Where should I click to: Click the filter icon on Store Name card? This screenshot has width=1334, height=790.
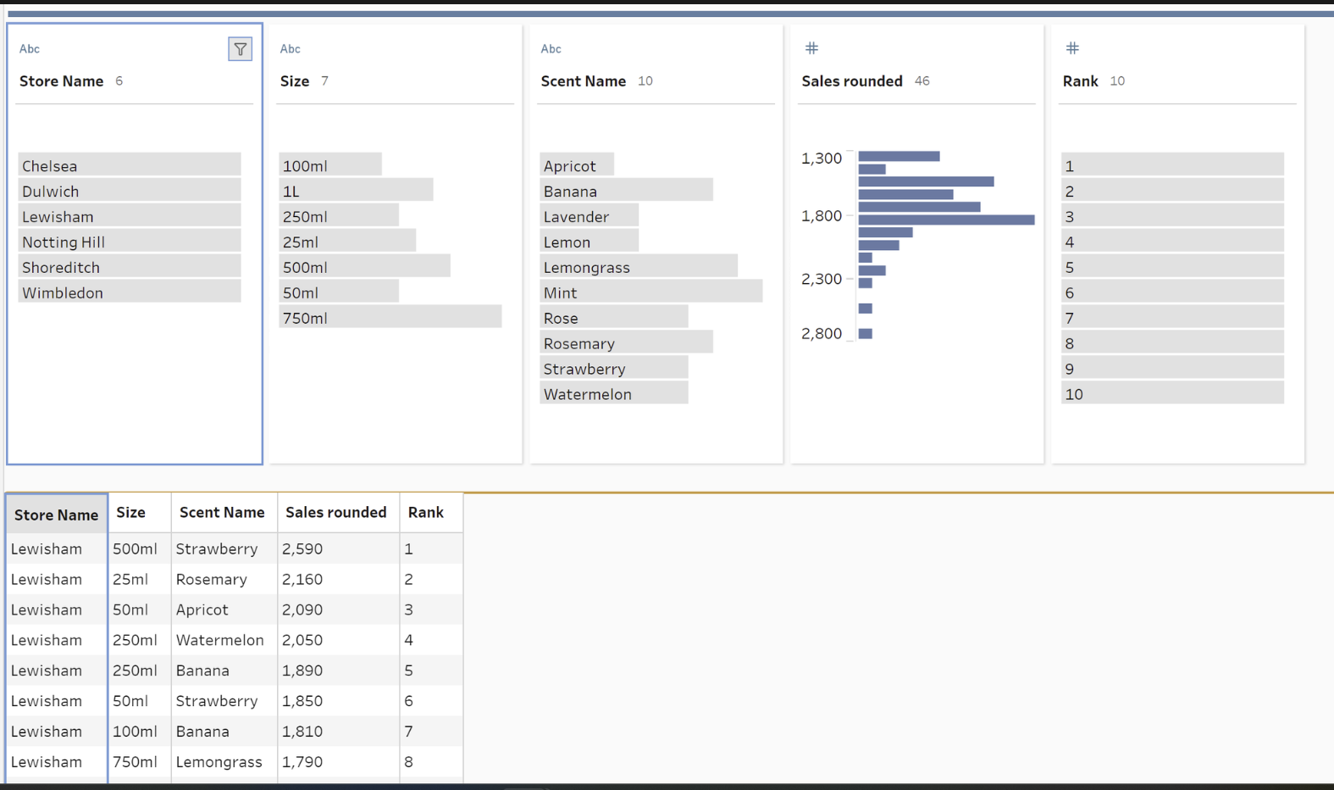(240, 49)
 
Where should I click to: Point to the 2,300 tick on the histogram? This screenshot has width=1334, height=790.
(822, 279)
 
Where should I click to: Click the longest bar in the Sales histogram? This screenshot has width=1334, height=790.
(946, 220)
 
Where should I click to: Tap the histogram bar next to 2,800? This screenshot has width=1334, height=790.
(865, 334)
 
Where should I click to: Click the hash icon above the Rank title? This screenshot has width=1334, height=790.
(1072, 48)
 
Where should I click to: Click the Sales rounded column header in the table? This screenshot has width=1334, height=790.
(335, 513)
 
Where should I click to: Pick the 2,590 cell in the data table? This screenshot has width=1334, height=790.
(302, 549)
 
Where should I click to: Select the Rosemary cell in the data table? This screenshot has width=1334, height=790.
(212, 580)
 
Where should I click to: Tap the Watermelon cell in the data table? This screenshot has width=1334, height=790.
(219, 641)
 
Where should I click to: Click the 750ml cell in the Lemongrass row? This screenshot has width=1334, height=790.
(135, 762)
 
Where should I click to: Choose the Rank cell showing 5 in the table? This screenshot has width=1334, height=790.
(409, 671)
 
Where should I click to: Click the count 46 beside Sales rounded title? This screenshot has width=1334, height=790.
(922, 81)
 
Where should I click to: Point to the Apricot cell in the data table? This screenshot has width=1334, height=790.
(202, 610)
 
